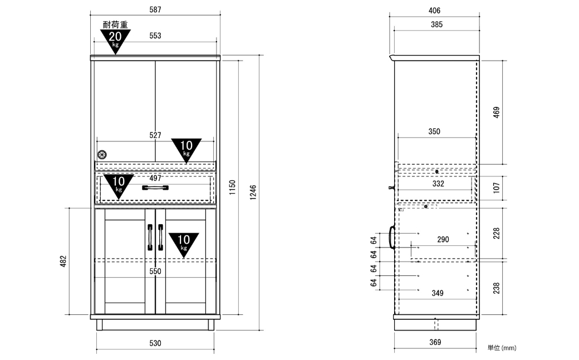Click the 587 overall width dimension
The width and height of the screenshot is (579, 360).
(x=155, y=9)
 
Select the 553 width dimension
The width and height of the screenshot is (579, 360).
(x=155, y=36)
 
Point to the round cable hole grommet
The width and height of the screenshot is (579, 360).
(x=102, y=154)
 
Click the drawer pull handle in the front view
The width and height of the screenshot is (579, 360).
(x=155, y=188)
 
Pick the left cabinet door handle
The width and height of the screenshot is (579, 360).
(x=150, y=237)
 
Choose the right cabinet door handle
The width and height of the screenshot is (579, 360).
(x=161, y=237)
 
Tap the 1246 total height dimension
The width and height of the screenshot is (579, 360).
(x=253, y=193)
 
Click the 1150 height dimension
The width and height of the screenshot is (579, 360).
(x=232, y=188)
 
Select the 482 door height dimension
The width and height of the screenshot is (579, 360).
(x=63, y=261)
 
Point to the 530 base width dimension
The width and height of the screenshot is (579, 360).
(x=155, y=343)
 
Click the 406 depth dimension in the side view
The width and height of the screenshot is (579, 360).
(x=434, y=11)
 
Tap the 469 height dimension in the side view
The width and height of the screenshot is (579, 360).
(x=496, y=112)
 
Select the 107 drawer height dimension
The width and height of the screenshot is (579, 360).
(x=496, y=188)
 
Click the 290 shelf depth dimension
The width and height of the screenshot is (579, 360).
(x=443, y=239)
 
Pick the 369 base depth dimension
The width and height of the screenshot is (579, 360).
(x=435, y=342)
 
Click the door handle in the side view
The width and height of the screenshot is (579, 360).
(x=391, y=237)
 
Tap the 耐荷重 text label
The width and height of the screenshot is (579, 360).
(x=115, y=24)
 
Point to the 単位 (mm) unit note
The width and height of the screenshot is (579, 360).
(x=502, y=348)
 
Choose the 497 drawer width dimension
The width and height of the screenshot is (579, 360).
(x=155, y=178)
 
